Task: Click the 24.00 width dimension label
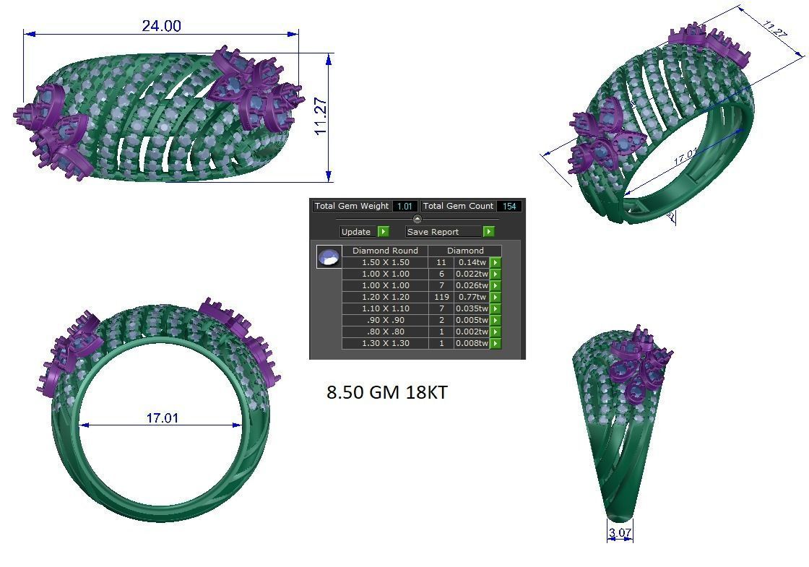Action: [161, 26]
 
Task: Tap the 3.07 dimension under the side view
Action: [620, 533]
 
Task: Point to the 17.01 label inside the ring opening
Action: [162, 417]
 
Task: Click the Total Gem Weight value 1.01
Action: [405, 207]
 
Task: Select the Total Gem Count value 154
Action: [509, 207]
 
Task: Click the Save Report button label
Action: [433, 232]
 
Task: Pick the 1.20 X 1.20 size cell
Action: [385, 297]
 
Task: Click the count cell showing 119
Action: [441, 297]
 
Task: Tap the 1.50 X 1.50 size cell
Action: [385, 262]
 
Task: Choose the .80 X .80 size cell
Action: [385, 332]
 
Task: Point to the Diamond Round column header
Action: [385, 251]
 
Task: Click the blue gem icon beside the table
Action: [329, 256]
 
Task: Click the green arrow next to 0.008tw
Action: [496, 344]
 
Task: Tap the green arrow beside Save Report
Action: [489, 232]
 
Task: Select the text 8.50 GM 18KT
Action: [387, 392]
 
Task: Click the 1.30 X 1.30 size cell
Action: [385, 343]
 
